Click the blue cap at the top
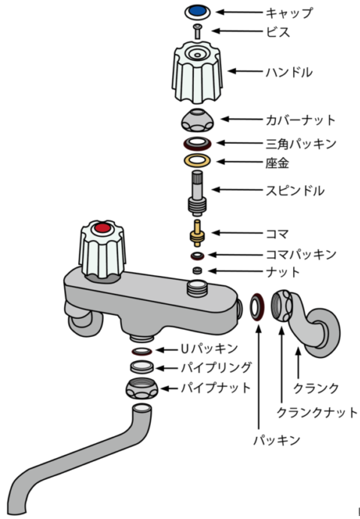(x=198, y=11)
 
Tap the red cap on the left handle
(x=102, y=228)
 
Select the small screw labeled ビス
(x=198, y=32)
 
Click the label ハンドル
(x=289, y=71)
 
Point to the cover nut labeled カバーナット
(x=198, y=120)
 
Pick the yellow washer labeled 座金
(x=198, y=160)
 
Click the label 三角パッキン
(x=301, y=144)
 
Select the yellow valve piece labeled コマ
(x=198, y=233)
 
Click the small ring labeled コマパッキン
(x=198, y=256)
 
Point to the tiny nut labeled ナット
(x=198, y=271)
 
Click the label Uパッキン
(x=210, y=348)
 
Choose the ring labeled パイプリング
(x=142, y=367)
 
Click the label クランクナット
(x=317, y=412)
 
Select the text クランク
(x=316, y=388)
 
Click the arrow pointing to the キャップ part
(x=239, y=12)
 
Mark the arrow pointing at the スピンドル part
(x=237, y=190)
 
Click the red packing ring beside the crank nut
(x=257, y=306)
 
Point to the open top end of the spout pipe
(x=143, y=408)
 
